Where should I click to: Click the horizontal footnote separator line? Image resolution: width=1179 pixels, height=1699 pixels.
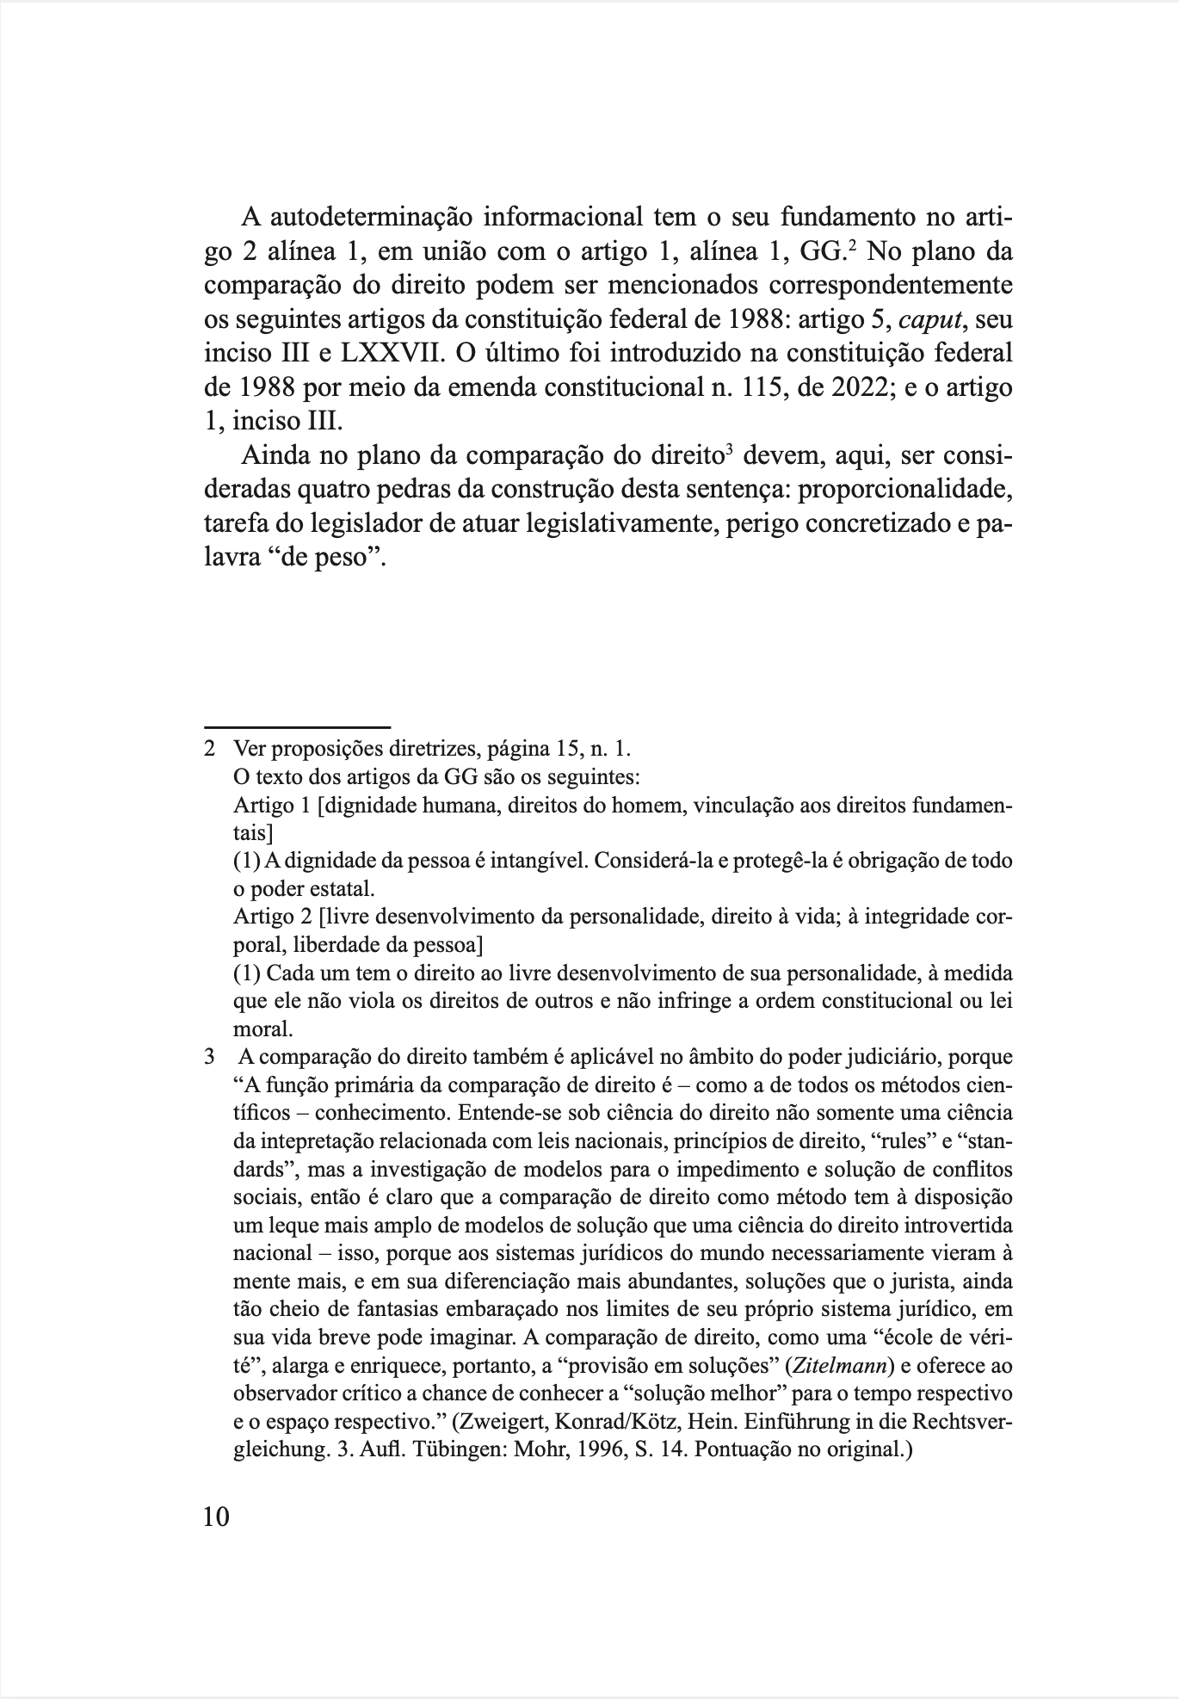(297, 727)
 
